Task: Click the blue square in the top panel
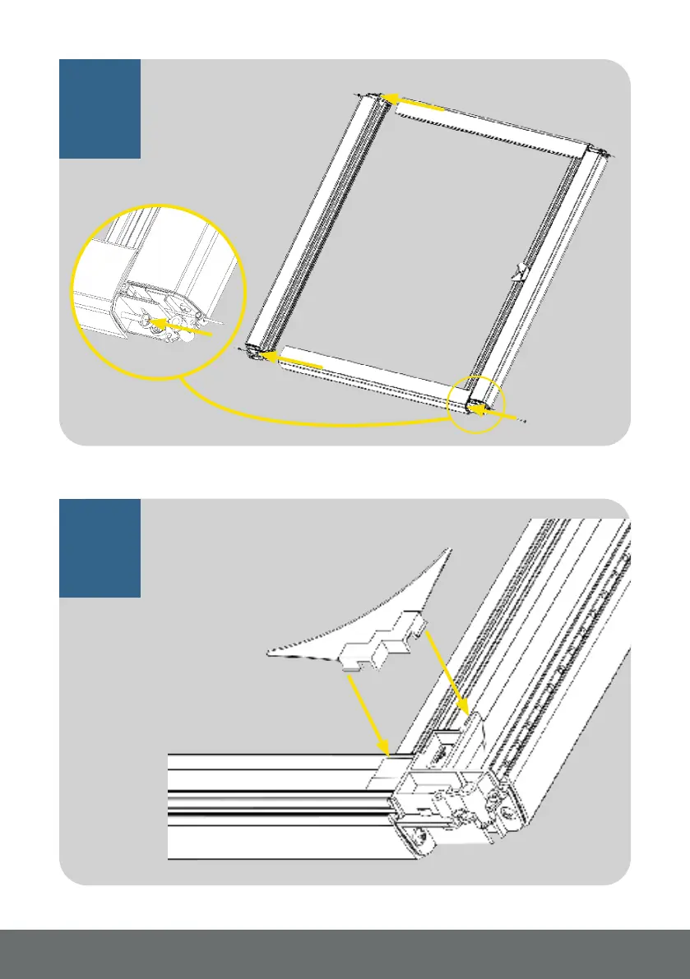pyautogui.click(x=100, y=108)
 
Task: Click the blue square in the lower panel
pyautogui.click(x=100, y=547)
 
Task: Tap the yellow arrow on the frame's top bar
pyautogui.click(x=416, y=103)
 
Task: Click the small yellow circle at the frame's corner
pyautogui.click(x=476, y=404)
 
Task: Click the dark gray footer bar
pyautogui.click(x=345, y=954)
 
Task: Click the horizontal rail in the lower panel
pyautogui.click(x=271, y=806)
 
